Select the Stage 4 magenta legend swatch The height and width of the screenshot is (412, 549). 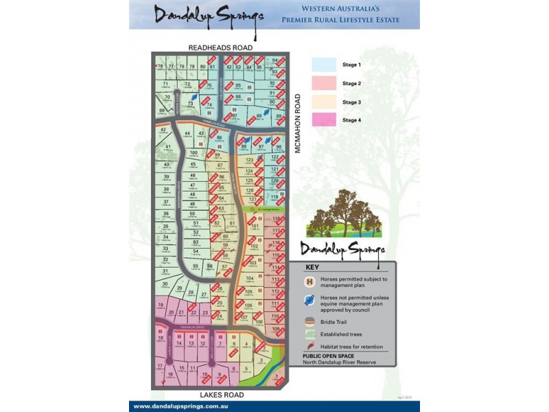324,119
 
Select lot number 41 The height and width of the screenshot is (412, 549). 167,146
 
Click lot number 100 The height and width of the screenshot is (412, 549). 194,152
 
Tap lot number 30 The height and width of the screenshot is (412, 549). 165,281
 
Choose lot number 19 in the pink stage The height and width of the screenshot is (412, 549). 161,305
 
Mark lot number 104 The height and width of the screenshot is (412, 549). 250,277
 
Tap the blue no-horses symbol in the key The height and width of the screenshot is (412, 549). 309,301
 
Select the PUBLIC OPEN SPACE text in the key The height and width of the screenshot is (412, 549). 330,356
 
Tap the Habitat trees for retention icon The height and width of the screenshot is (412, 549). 309,346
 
